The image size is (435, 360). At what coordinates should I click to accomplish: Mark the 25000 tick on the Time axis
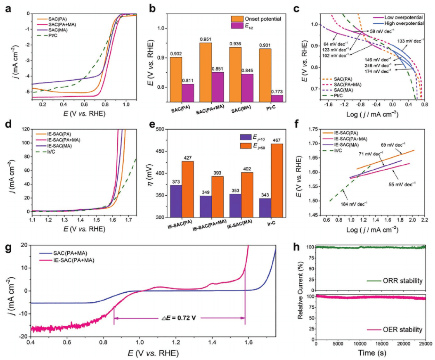[x=425, y=344]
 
